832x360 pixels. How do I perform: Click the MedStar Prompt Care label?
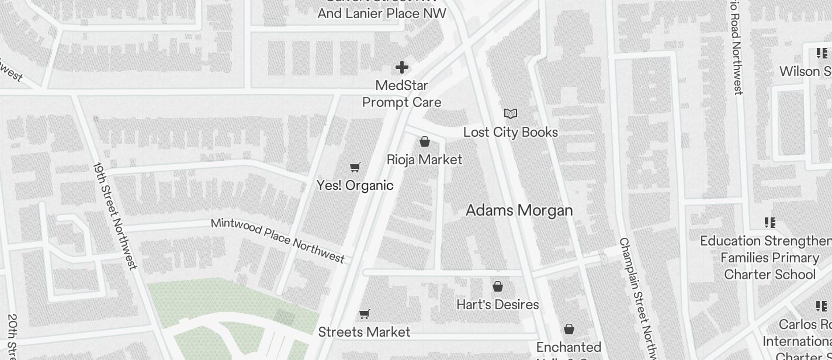401,94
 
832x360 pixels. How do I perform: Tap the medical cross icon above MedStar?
402,67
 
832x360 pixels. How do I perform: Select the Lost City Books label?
510,133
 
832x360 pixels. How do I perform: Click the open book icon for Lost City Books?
511,113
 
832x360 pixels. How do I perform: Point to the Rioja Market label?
424,160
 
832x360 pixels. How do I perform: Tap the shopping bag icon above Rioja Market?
425,141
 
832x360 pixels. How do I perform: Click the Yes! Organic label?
355,185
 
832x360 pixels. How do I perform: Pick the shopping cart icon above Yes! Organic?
355,168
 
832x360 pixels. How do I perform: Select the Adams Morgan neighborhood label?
519,210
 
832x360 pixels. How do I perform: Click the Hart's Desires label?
497,304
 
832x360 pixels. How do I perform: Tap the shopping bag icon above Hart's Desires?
498,286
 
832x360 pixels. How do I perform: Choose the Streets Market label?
364,332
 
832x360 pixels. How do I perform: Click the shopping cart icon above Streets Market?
364,314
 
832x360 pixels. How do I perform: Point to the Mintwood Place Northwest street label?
278,240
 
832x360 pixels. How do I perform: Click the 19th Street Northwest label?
115,216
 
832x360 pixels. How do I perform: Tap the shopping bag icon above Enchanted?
569,330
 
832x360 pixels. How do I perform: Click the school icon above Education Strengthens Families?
770,223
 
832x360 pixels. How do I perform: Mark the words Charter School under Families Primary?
769,274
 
